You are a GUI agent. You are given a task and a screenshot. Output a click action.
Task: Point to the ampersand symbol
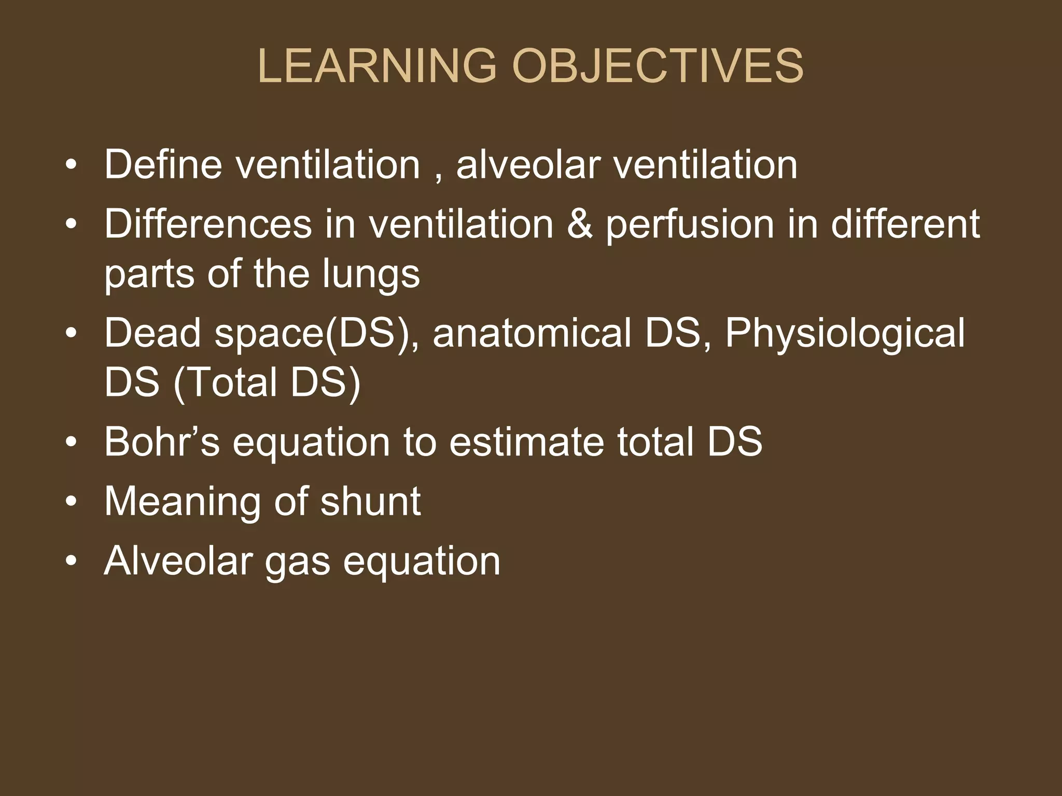pyautogui.click(x=579, y=224)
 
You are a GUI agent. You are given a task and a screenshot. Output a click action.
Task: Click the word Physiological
pyautogui.click(x=845, y=335)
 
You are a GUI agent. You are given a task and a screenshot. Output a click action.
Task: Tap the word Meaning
pyautogui.click(x=181, y=503)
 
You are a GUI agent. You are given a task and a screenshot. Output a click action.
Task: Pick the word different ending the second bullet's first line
pyautogui.click(x=905, y=224)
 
